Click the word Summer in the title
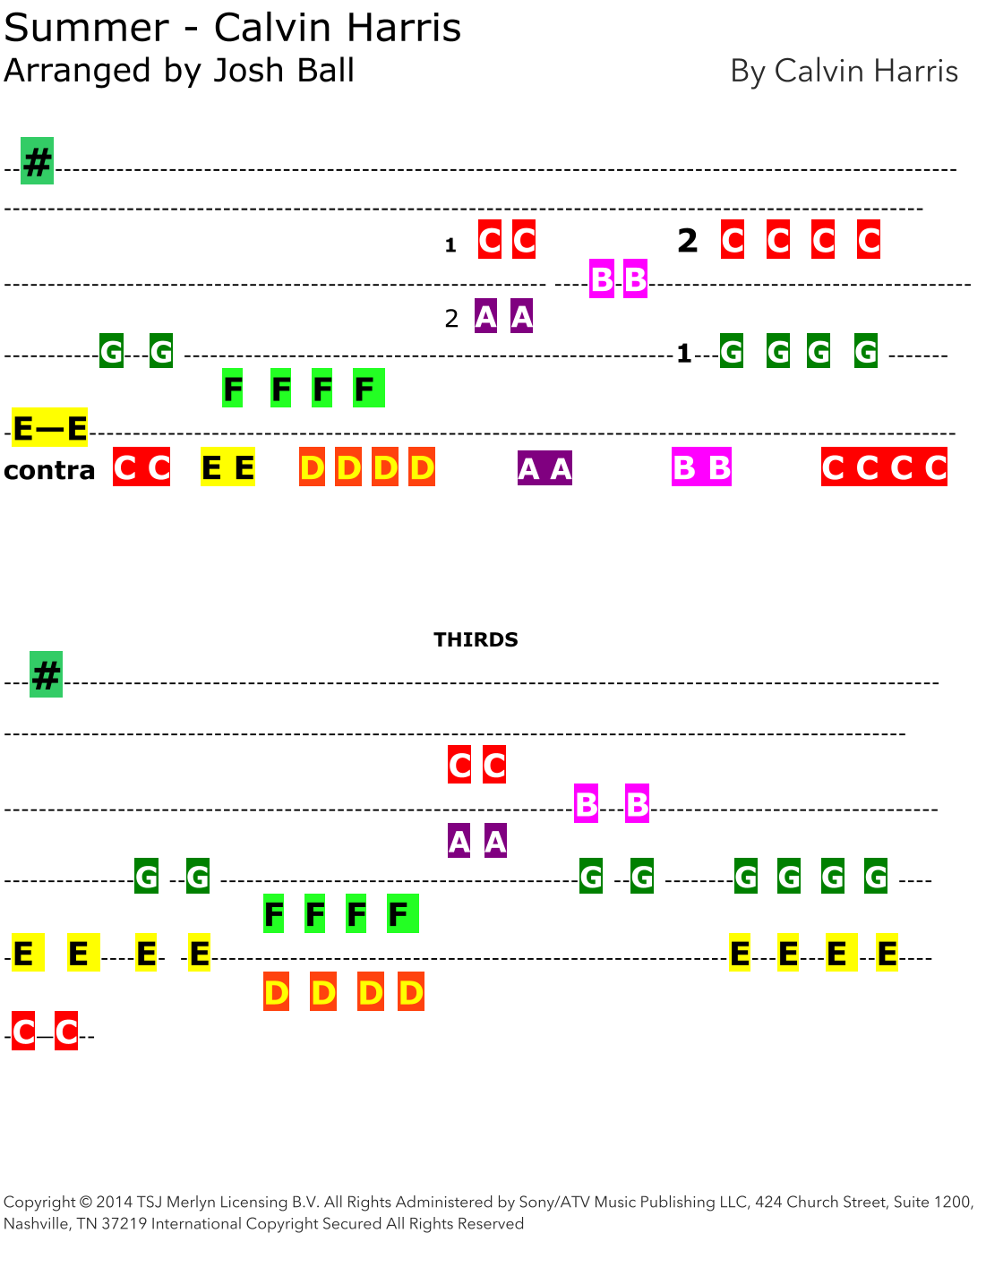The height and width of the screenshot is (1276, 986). point(86,28)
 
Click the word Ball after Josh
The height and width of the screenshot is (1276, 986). point(324,71)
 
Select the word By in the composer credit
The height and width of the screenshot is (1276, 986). point(747,72)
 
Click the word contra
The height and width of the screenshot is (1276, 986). point(49,470)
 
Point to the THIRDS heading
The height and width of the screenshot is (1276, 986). point(476,639)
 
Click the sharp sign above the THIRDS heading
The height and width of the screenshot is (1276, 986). point(38,162)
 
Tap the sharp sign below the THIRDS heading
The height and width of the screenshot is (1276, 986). point(46,674)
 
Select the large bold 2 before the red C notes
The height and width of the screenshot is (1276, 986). point(687,240)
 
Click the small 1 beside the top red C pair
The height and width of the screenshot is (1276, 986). point(450,244)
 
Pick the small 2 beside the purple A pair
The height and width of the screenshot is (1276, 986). point(451,318)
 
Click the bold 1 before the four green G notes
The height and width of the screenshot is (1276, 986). point(684,354)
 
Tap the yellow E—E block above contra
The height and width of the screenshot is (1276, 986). point(50,429)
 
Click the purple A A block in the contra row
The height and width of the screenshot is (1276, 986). point(544,468)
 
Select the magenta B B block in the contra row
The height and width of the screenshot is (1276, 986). point(701,467)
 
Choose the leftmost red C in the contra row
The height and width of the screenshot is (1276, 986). point(125,467)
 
